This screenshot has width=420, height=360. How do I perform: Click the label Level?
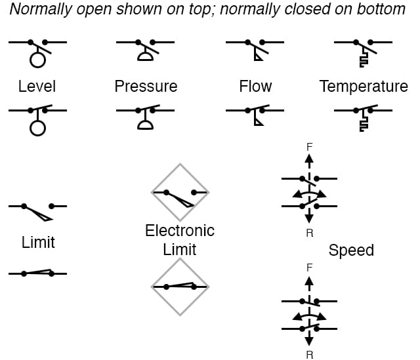[37, 87]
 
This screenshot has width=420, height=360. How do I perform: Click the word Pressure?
[146, 87]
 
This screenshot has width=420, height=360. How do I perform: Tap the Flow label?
[256, 87]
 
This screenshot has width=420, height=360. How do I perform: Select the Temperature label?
[364, 87]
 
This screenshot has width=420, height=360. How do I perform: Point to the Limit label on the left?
[38, 243]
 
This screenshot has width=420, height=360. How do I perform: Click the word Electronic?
[180, 231]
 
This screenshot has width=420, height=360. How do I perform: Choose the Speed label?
[351, 250]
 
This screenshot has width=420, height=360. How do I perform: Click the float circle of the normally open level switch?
[38, 61]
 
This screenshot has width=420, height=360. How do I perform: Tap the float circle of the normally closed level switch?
[38, 127]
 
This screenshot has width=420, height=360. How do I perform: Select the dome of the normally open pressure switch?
[146, 57]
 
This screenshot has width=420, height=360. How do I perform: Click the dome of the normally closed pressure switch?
[146, 125]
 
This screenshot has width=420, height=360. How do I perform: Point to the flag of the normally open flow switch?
[258, 57]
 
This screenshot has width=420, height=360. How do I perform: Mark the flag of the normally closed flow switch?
[258, 124]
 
